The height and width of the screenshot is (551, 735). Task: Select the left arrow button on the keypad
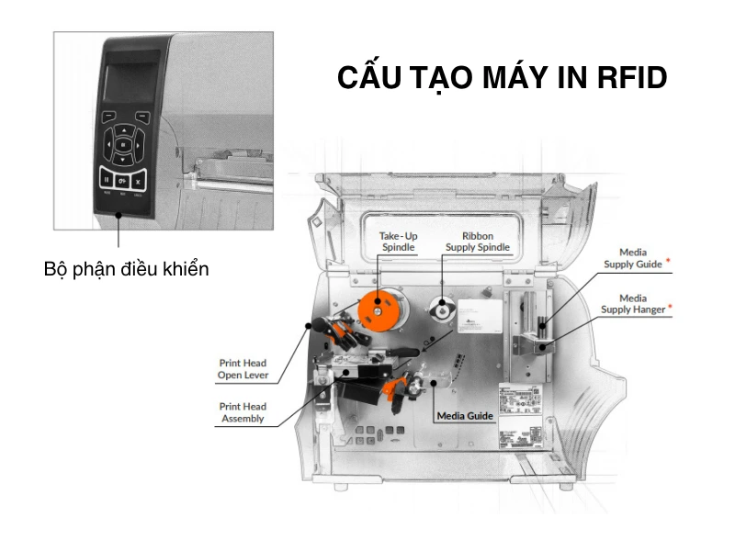(107, 144)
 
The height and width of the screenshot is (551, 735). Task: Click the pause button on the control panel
(107, 180)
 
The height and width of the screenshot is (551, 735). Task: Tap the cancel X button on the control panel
(138, 180)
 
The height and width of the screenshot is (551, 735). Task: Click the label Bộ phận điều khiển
(127, 269)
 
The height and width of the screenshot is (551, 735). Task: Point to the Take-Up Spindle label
(398, 242)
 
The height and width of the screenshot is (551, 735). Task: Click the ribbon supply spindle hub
(443, 310)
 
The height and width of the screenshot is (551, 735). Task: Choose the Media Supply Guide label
(632, 258)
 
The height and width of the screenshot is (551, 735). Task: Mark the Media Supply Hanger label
(632, 304)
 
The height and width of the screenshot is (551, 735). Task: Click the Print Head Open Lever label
(243, 369)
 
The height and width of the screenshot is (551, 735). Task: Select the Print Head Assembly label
(243, 412)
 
